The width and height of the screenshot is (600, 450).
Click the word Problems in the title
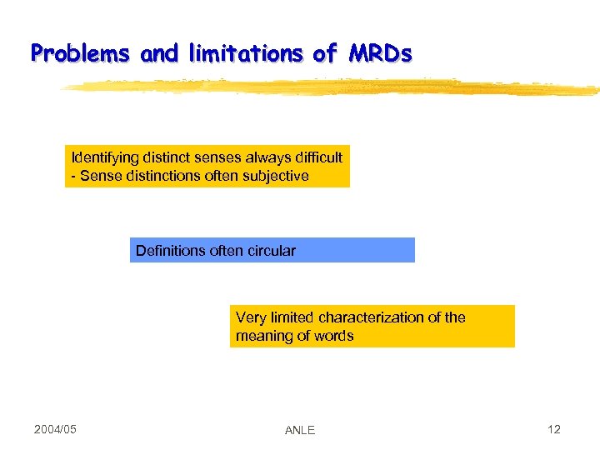[80, 54]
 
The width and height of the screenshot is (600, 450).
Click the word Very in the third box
[251, 317]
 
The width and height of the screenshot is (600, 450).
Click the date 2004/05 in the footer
[55, 429]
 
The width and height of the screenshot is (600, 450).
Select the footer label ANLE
[299, 430]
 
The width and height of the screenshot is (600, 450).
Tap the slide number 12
[554, 429]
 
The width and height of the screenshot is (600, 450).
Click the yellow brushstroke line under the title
[333, 86]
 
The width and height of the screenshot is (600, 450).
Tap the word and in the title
[159, 54]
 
